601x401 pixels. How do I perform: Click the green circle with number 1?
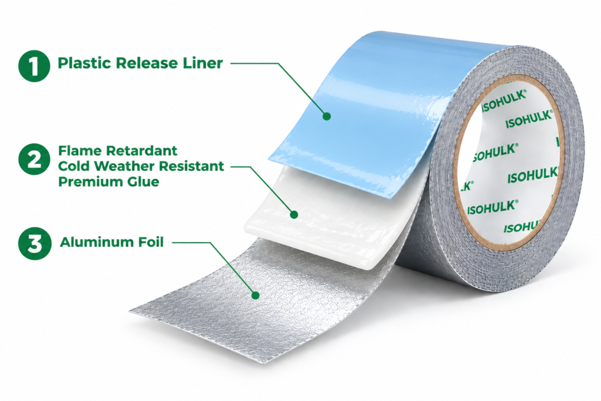point(34,66)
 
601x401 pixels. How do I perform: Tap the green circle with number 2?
point(34,159)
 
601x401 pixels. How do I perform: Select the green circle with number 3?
point(35,244)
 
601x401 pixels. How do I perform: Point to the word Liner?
point(202,63)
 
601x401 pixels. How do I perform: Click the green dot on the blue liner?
point(326,116)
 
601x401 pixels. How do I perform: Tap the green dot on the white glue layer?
point(294,214)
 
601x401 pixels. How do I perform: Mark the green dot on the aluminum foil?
point(255,295)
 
